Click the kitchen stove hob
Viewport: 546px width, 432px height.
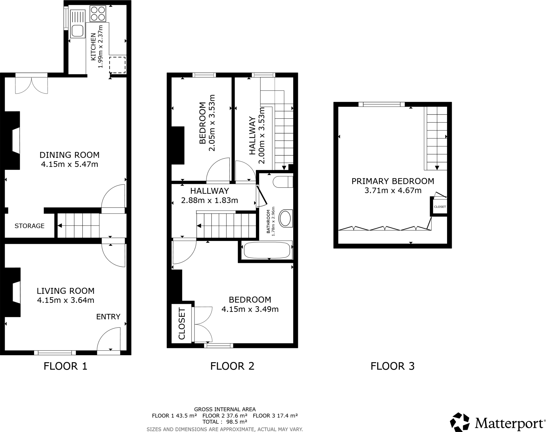tap(98, 14)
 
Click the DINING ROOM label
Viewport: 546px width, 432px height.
tap(69, 155)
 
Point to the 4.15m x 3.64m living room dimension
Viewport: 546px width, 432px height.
tap(66, 300)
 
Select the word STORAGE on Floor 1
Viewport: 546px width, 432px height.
tap(29, 226)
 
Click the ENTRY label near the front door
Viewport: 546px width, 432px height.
tap(108, 317)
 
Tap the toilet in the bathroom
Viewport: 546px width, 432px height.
tap(283, 182)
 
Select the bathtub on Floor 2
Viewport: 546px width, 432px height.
tap(267, 250)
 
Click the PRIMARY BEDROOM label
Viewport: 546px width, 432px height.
tap(393, 181)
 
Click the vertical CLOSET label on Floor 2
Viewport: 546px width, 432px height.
tap(182, 324)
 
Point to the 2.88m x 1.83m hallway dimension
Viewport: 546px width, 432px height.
tap(209, 200)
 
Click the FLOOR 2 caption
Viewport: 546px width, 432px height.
tap(232, 366)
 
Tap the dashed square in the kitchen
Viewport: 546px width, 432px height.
tap(117, 65)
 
